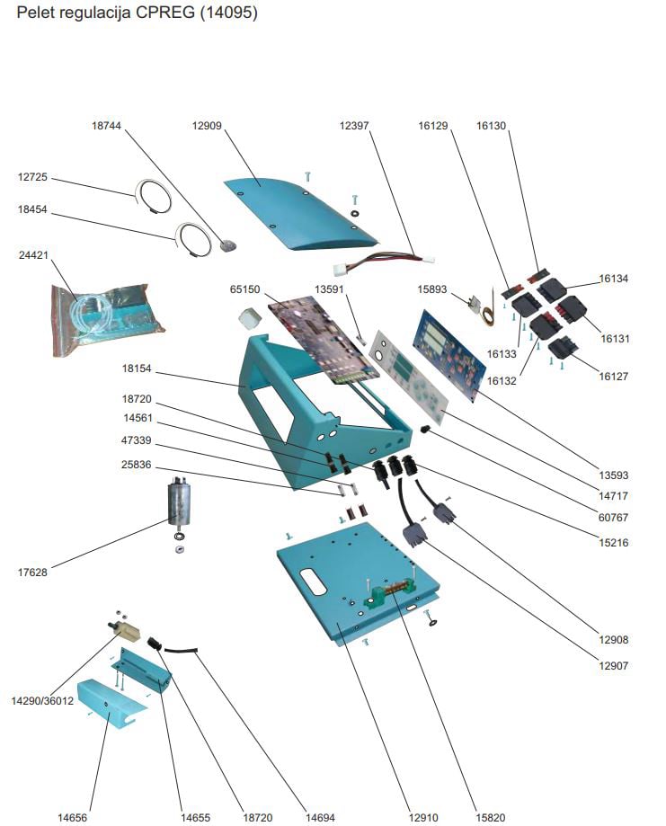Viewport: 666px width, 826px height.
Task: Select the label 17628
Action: pyautogui.click(x=32, y=572)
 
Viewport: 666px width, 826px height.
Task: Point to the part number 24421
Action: pyautogui.click(x=32, y=255)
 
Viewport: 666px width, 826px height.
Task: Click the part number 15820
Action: pyautogui.click(x=491, y=817)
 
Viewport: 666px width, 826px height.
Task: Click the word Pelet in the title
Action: pyautogui.click(x=32, y=13)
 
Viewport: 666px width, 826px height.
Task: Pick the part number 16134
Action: pyautogui.click(x=615, y=280)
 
